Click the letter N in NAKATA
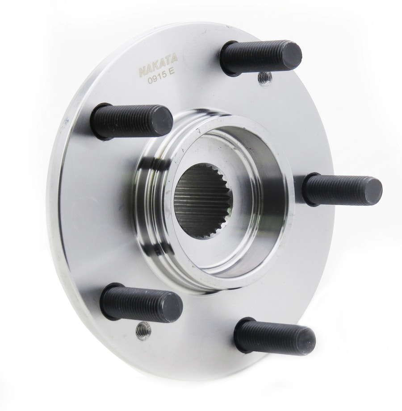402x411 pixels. coord(142,71)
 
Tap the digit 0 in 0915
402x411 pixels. coord(150,81)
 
